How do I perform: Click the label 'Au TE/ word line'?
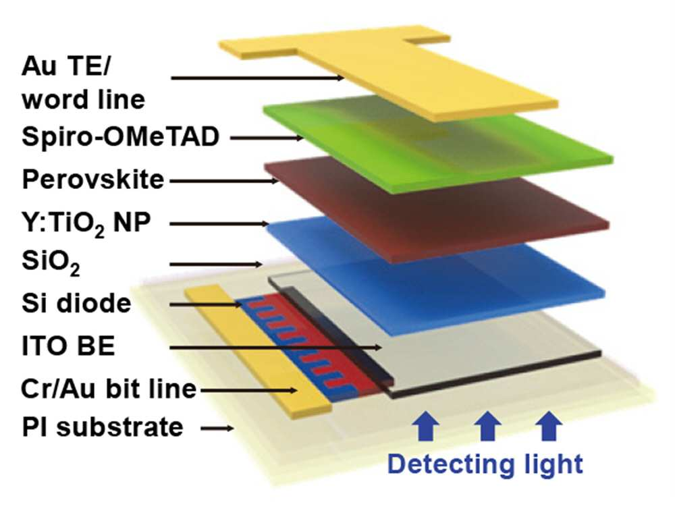coord(83,83)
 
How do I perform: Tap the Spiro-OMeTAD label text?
coord(121,137)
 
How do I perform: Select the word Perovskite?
coord(93,180)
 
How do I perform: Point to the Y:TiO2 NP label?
coord(86,224)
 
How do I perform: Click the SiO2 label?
coord(51,263)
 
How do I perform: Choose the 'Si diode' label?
coord(76,304)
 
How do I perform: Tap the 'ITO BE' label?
coord(68,346)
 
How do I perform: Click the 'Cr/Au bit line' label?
coord(109,389)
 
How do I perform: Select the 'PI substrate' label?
coord(103,427)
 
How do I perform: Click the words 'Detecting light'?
coord(485,465)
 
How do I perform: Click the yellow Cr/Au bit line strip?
coord(259,351)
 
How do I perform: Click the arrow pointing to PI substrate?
coord(217,428)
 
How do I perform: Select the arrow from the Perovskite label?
coord(224,181)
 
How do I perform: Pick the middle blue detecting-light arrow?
coord(487,425)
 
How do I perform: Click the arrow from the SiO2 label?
coord(216,265)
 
